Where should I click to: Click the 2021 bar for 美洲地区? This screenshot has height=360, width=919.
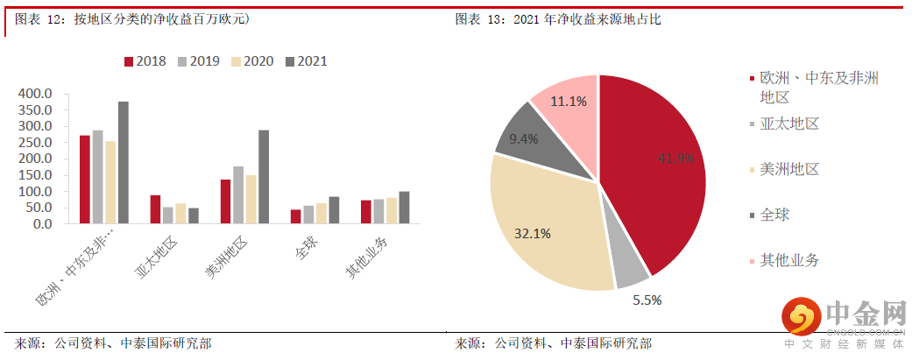pos(264,177)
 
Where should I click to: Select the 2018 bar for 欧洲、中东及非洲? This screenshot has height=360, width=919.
pos(85,180)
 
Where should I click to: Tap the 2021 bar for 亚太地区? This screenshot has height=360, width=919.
pos(193,215)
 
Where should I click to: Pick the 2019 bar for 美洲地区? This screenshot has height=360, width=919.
pos(238,194)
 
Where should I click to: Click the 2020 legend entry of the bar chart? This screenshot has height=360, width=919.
pos(252,61)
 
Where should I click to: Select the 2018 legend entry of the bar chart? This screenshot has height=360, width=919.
pos(145,61)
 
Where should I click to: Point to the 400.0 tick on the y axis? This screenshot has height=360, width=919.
pos(37,94)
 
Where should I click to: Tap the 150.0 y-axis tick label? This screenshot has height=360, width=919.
pos(37,175)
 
